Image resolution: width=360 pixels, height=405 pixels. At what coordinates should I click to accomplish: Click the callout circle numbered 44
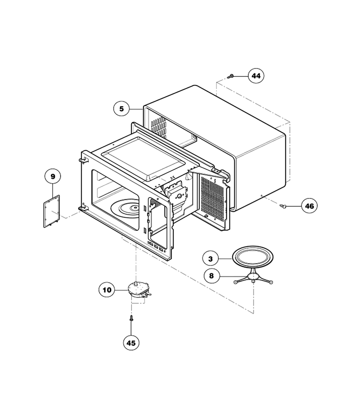(x=256, y=76)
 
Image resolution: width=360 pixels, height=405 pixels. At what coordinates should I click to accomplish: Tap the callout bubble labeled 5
(x=121, y=109)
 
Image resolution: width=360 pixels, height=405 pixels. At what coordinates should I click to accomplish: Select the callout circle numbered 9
(x=53, y=177)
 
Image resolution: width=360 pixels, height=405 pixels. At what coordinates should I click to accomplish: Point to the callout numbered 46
(x=310, y=206)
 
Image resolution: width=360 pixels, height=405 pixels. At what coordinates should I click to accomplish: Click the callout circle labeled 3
(x=211, y=259)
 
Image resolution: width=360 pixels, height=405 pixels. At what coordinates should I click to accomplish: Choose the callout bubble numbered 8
(x=211, y=276)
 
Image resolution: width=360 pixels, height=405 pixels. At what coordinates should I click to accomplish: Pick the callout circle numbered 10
(x=107, y=290)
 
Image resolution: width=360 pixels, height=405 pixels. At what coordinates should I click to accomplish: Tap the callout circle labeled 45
(x=131, y=343)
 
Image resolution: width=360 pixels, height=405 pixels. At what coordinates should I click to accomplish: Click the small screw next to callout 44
(x=230, y=76)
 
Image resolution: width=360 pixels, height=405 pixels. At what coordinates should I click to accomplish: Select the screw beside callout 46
(x=283, y=206)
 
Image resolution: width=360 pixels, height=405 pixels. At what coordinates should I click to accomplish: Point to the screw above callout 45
(x=131, y=318)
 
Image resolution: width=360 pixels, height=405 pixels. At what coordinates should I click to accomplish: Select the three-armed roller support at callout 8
(x=253, y=279)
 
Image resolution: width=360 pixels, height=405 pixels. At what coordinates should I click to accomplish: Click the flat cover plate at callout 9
(x=52, y=211)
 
